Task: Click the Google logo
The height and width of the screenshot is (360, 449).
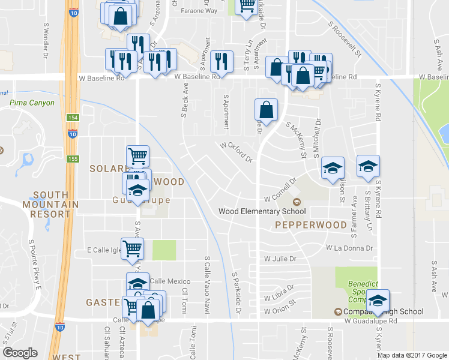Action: coord(20,353)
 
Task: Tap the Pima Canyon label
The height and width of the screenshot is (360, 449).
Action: coord(32,103)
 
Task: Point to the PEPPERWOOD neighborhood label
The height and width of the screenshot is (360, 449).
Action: coord(311,225)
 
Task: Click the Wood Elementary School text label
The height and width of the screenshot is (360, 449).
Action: coord(262,211)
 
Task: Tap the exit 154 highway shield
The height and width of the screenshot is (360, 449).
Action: coord(72,118)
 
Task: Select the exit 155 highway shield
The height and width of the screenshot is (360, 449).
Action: coord(72,158)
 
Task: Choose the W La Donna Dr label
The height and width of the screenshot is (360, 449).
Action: coord(349,247)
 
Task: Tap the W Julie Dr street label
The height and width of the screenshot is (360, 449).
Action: coord(280,259)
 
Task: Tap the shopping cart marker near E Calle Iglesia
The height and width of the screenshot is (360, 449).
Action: coord(132,248)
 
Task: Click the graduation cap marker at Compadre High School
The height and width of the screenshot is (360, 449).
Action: coord(378,300)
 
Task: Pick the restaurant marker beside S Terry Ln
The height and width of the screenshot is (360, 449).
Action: coord(221,62)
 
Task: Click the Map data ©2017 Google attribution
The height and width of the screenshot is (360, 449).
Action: coord(412,355)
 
